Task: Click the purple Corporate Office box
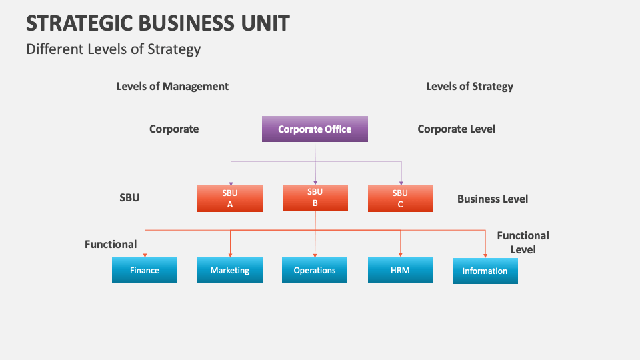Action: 315,129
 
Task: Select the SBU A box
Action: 230,199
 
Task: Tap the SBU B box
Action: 315,197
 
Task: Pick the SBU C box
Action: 400,199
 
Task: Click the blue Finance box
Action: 145,270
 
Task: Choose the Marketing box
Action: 230,270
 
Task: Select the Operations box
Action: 315,270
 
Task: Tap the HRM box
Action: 400,270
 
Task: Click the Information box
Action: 485,271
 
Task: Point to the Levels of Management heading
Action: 173,86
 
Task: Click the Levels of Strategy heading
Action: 469,86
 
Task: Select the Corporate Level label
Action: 456,129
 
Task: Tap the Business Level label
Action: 492,199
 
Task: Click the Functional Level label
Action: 523,242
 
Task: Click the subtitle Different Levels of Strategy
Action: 113,49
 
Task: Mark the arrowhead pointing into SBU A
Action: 230,183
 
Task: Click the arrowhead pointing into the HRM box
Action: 400,255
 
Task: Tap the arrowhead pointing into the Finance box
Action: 145,255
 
